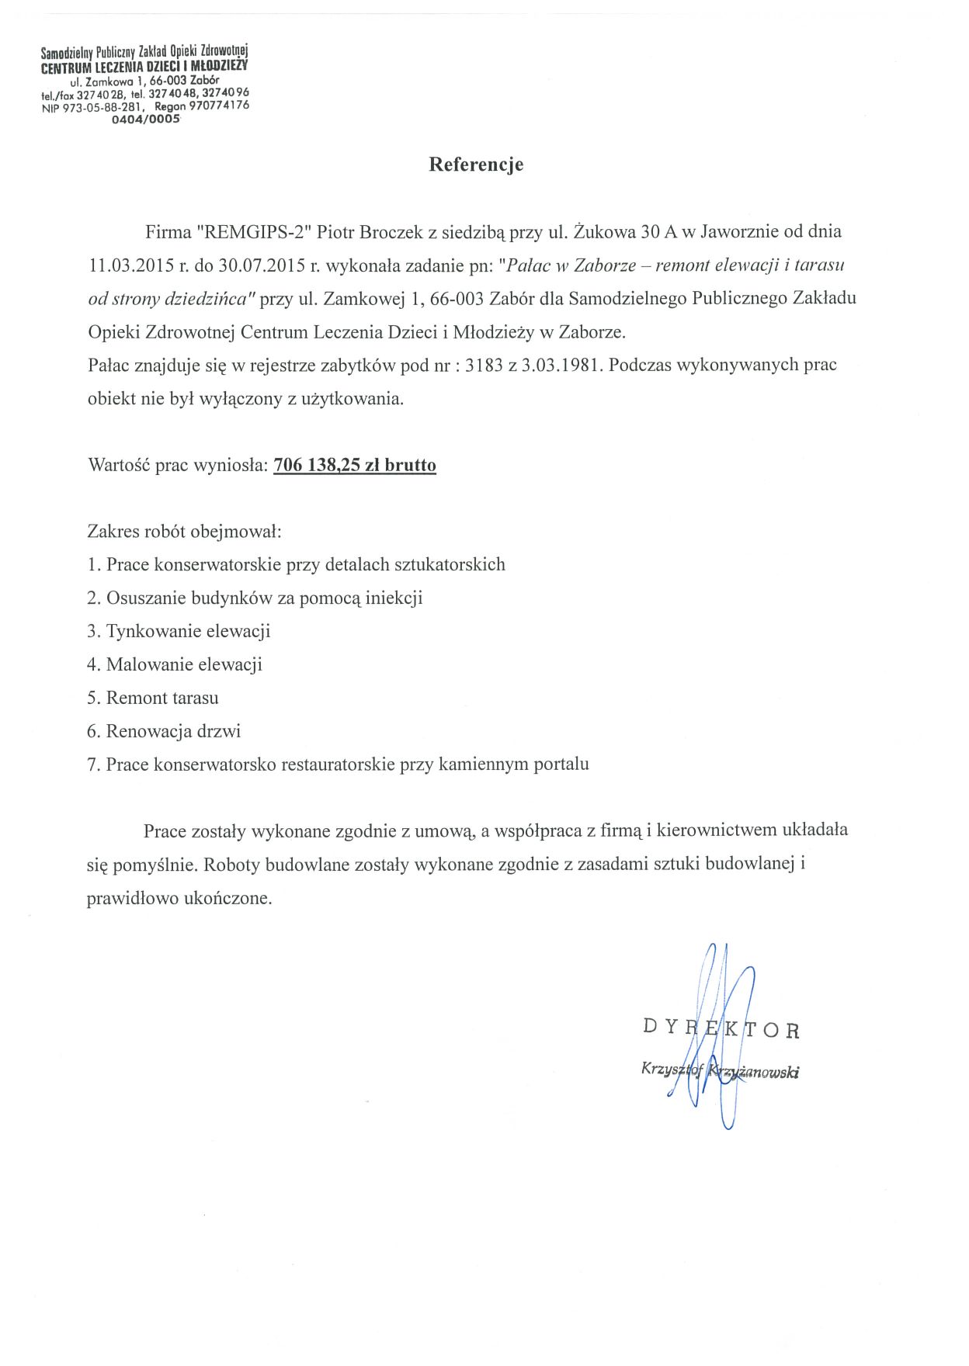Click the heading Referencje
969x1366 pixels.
476,165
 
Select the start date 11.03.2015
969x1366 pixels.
131,265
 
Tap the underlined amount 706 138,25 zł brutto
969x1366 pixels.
355,465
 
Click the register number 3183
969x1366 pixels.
484,365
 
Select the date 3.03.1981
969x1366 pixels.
562,365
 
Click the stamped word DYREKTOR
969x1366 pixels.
721,1029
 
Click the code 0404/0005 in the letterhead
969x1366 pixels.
146,120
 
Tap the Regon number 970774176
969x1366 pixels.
219,106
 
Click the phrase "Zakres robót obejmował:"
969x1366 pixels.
184,532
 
